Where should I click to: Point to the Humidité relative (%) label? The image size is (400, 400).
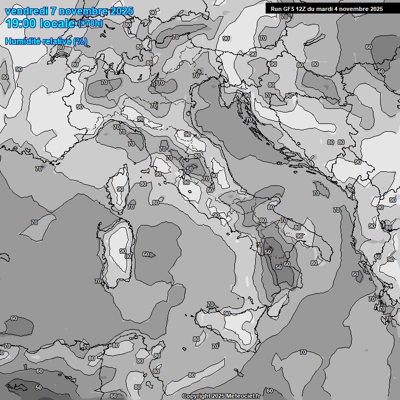pos(46,42)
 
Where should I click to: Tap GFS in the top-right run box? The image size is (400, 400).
pos(290,9)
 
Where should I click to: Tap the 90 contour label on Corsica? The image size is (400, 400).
pos(120,190)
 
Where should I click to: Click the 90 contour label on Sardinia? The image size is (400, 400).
pos(123,251)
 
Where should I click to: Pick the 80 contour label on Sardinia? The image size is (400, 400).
pos(128,256)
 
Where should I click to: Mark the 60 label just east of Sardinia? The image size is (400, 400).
pos(146,255)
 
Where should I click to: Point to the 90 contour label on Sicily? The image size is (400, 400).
pos(227,314)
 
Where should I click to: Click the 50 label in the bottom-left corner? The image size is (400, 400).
pos(39,387)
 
